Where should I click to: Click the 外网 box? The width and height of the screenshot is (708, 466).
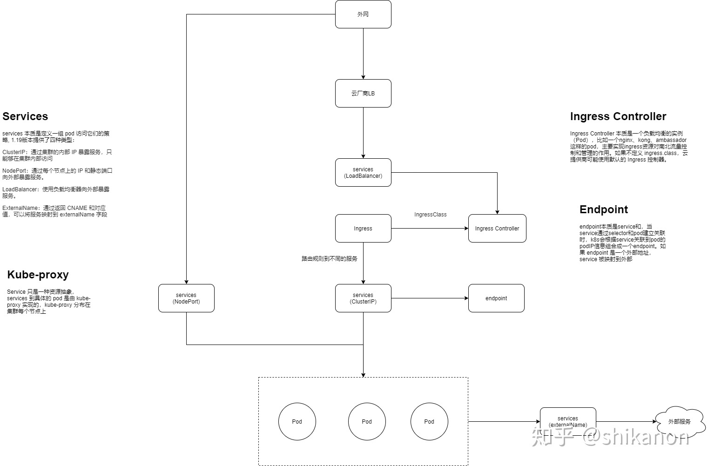363,14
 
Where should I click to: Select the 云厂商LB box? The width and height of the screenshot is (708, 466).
363,93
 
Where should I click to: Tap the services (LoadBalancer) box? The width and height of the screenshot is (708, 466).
363,173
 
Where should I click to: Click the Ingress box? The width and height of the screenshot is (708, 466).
363,228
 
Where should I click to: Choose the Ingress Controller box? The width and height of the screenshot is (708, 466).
497,228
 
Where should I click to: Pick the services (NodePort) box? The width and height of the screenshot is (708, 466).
187,298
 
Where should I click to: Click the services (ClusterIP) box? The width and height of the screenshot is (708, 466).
363,298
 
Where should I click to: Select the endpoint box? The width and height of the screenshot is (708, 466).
496,298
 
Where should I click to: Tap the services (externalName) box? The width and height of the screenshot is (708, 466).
568,421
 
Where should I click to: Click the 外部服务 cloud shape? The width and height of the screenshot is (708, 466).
680,422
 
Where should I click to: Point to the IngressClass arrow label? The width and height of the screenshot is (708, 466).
431,215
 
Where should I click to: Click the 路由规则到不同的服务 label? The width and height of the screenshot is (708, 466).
330,259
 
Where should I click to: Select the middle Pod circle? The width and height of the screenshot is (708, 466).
367,421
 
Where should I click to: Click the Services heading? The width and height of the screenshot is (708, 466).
25,116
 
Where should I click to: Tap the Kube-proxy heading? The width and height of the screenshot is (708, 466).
38,275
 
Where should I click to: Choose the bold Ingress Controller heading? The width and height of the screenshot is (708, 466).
618,116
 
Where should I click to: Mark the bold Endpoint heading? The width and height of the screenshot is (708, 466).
604,209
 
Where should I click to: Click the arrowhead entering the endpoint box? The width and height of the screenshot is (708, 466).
466,298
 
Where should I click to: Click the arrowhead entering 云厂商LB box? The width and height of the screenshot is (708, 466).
363,77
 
